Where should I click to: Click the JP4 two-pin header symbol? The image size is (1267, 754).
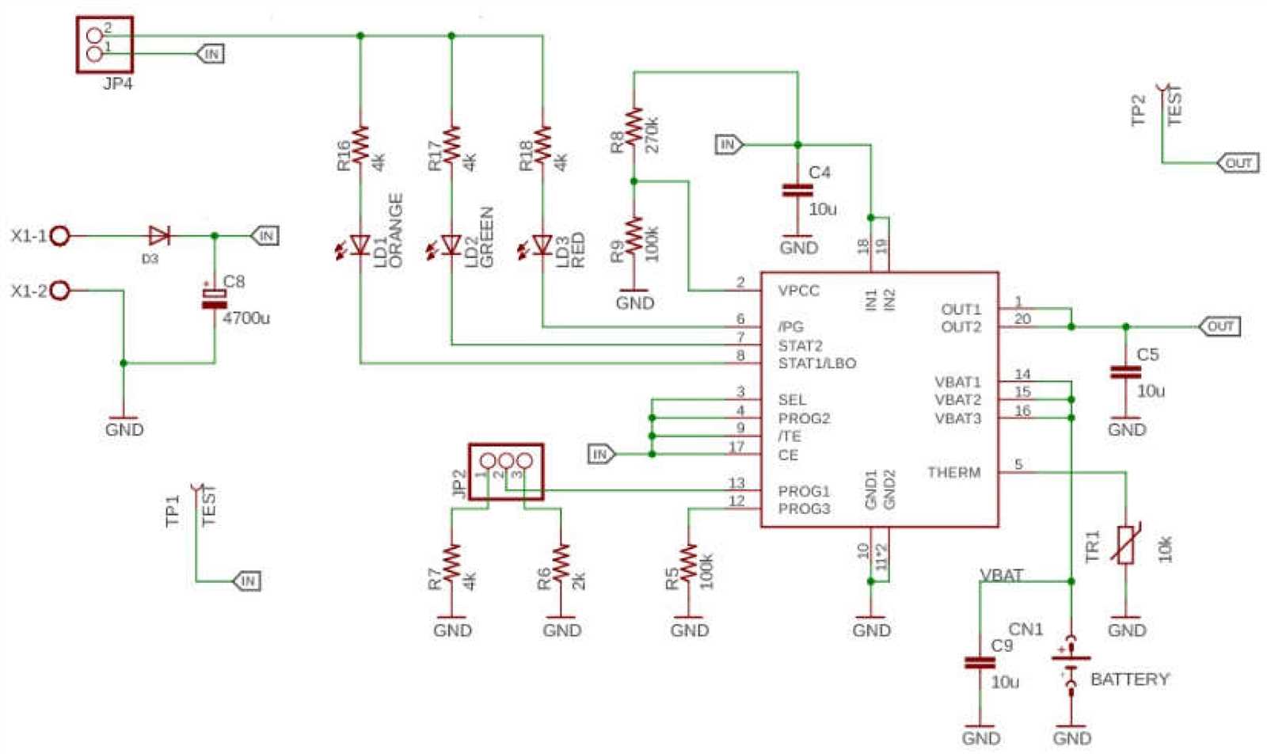[x=104, y=44]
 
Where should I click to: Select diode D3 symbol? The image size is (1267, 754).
[x=159, y=235]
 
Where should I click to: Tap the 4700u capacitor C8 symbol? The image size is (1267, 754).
[x=214, y=299]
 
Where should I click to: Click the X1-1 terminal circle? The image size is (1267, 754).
[x=60, y=235]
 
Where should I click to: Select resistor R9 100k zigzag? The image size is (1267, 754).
[x=633, y=234]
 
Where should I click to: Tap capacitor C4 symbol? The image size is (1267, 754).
[x=797, y=190]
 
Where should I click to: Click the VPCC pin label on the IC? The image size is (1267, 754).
[x=798, y=291]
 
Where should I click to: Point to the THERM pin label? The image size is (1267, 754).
[x=953, y=473]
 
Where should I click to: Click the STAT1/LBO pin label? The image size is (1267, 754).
[x=816, y=364]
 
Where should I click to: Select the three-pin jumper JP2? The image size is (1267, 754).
[x=506, y=470]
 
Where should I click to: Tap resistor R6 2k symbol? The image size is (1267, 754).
[x=561, y=562]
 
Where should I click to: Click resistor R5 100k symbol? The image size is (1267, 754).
[x=689, y=562]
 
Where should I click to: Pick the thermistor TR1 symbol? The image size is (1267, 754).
[x=1125, y=545]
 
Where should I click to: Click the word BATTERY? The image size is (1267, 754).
[x=1129, y=679]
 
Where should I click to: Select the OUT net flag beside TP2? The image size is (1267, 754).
[x=1238, y=163]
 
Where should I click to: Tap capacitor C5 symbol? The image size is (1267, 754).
[x=1125, y=372]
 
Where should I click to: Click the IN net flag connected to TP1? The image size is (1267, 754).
[x=247, y=581]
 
